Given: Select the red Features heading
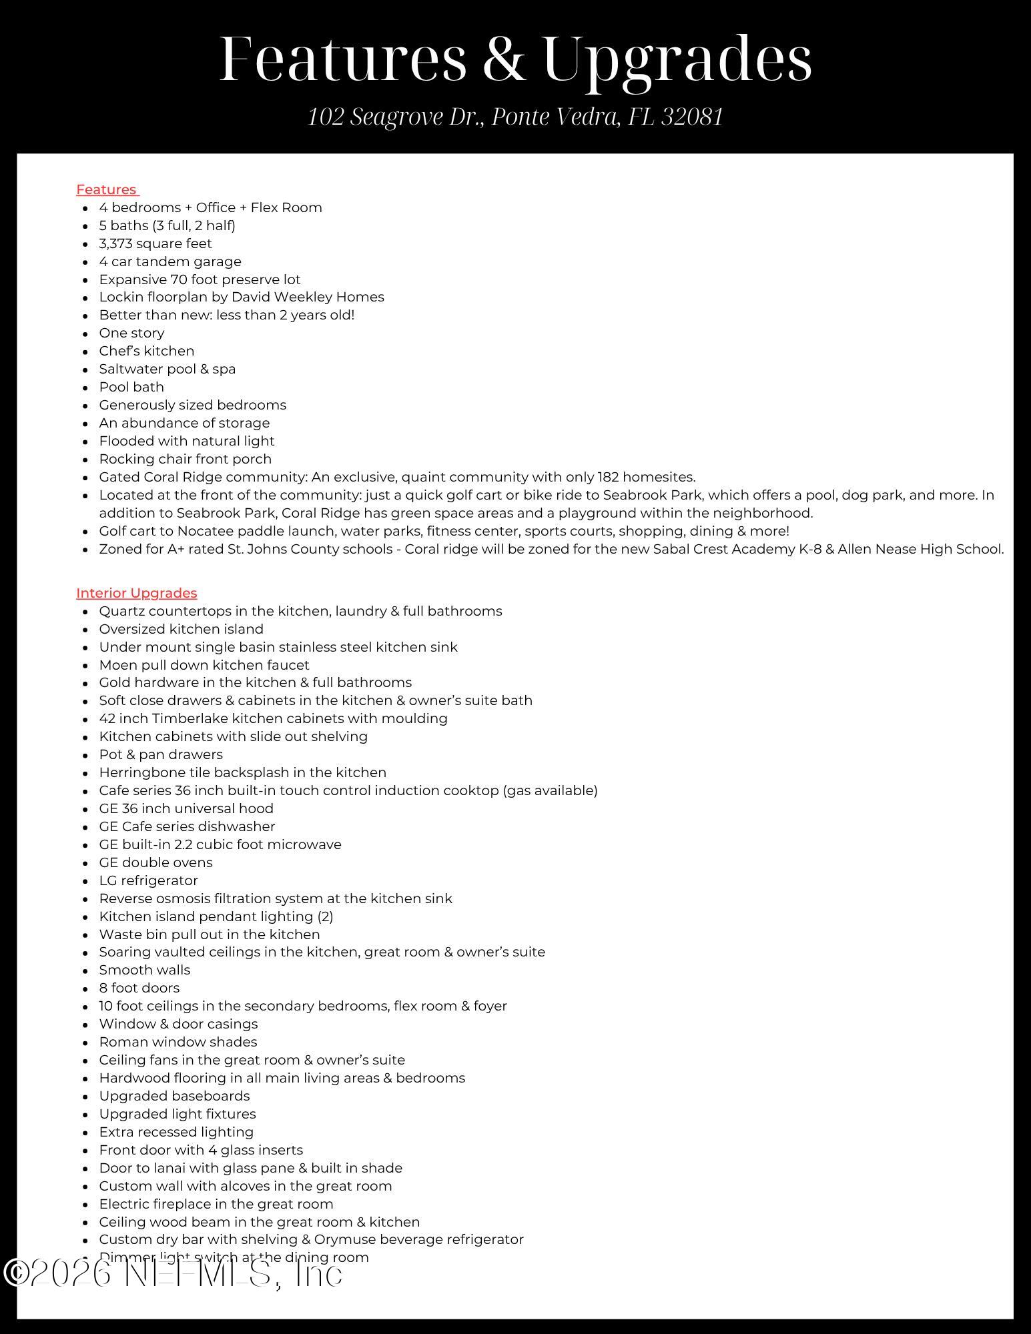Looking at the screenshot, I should [x=107, y=189].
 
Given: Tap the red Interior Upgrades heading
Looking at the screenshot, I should [x=136, y=593].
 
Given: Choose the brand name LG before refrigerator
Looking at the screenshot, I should [x=108, y=880].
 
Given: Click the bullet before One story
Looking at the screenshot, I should [x=85, y=333].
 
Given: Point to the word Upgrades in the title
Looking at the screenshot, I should [x=677, y=59].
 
